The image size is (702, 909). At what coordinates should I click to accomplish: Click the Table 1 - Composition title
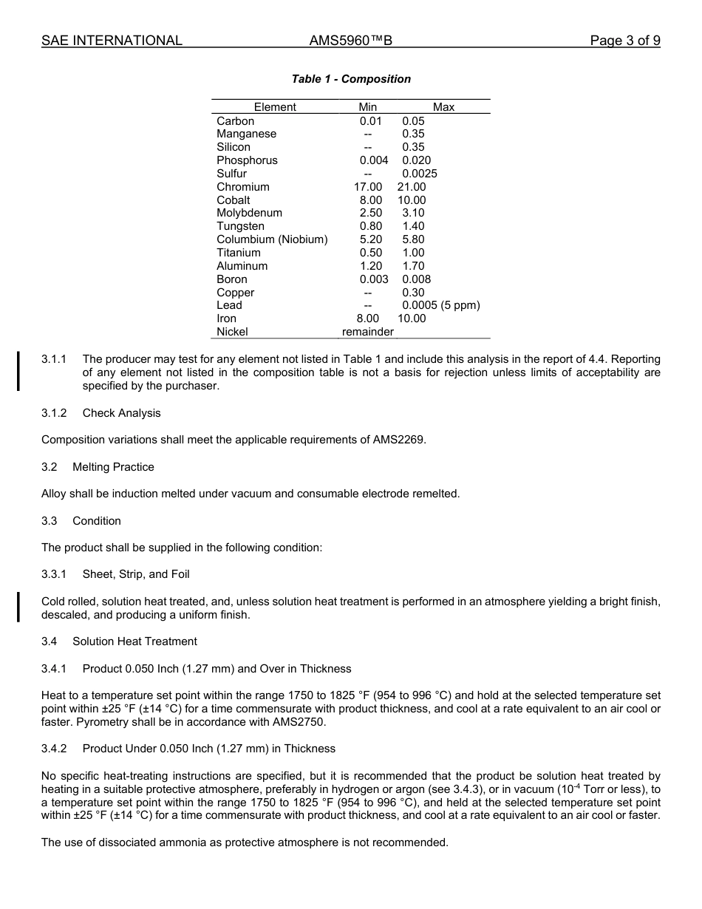351,79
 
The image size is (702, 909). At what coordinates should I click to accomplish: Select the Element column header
275,107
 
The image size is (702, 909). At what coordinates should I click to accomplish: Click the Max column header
443,107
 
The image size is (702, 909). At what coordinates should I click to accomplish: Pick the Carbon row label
235,121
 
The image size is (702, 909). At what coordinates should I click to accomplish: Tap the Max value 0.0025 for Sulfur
419,174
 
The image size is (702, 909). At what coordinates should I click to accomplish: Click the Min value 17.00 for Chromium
368,187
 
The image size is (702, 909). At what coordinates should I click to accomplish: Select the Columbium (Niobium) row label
272,239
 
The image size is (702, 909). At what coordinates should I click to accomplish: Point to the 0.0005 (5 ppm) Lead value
440,305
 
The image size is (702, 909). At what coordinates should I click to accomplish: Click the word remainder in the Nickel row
368,332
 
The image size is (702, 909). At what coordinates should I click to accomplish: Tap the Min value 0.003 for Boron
373,279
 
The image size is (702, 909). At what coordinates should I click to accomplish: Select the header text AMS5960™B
350,41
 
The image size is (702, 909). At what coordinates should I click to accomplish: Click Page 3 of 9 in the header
624,41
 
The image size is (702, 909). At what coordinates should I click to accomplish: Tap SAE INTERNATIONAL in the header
112,41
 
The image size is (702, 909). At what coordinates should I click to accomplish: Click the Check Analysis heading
121,413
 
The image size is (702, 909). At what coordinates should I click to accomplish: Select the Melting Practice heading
113,467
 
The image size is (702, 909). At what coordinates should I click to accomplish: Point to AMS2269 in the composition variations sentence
402,440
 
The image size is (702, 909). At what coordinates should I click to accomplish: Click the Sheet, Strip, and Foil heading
136,574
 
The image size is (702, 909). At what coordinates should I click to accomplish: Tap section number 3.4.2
54,749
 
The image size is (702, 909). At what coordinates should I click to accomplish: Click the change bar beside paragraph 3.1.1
18,372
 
